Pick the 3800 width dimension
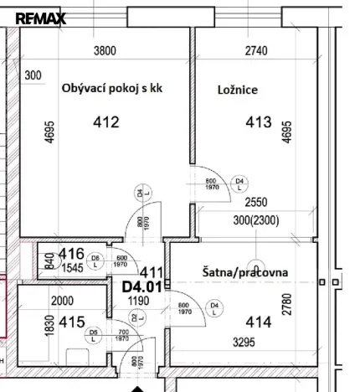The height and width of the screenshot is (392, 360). point(104,50)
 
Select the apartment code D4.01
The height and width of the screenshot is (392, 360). point(140,286)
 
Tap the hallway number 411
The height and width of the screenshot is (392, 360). point(151,271)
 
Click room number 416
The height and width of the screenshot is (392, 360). point(71,254)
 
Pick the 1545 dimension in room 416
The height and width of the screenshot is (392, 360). point(70,268)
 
